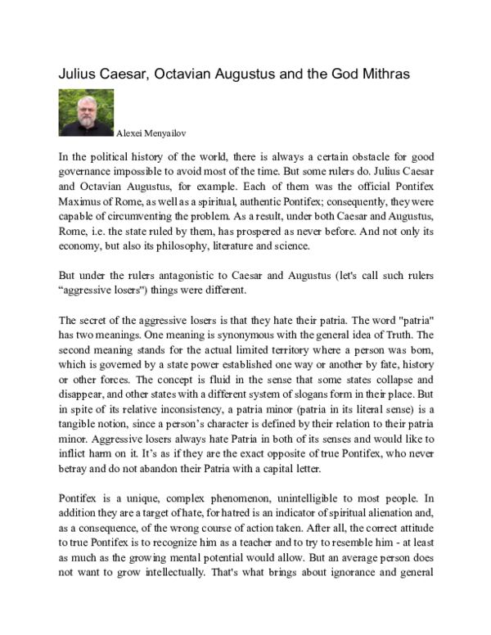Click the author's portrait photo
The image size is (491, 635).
(x=86, y=112)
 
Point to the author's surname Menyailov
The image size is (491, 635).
(x=170, y=131)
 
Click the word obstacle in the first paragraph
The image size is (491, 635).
(x=372, y=155)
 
